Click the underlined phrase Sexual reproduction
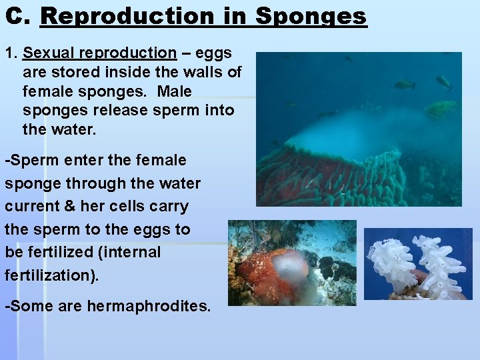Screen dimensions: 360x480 [100, 53]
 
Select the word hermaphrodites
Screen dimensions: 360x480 [149, 307]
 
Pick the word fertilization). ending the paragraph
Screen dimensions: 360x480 [51, 275]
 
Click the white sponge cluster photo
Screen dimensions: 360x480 [418, 265]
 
